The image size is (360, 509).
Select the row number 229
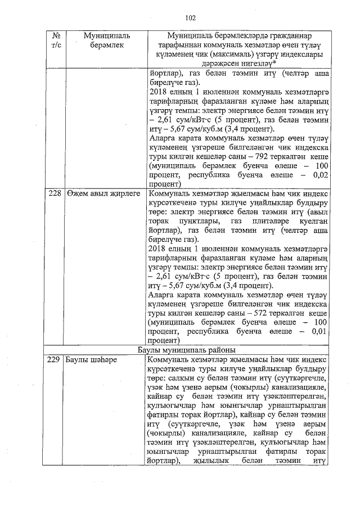click(x=53, y=360)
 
